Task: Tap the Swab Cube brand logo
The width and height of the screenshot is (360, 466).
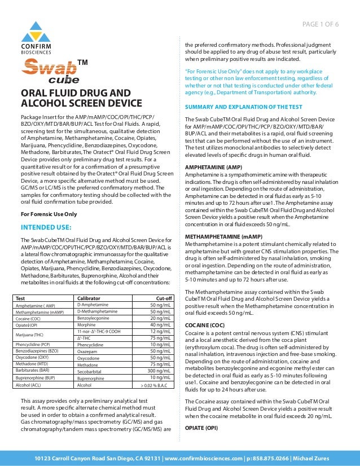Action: coord(49,71)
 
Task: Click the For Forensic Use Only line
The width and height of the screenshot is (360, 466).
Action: coord(49,214)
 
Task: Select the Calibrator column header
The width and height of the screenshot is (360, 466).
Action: coord(89,298)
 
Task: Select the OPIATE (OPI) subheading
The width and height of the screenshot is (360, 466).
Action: coord(201,427)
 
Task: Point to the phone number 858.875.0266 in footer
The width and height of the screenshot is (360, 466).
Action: coord(266,458)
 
